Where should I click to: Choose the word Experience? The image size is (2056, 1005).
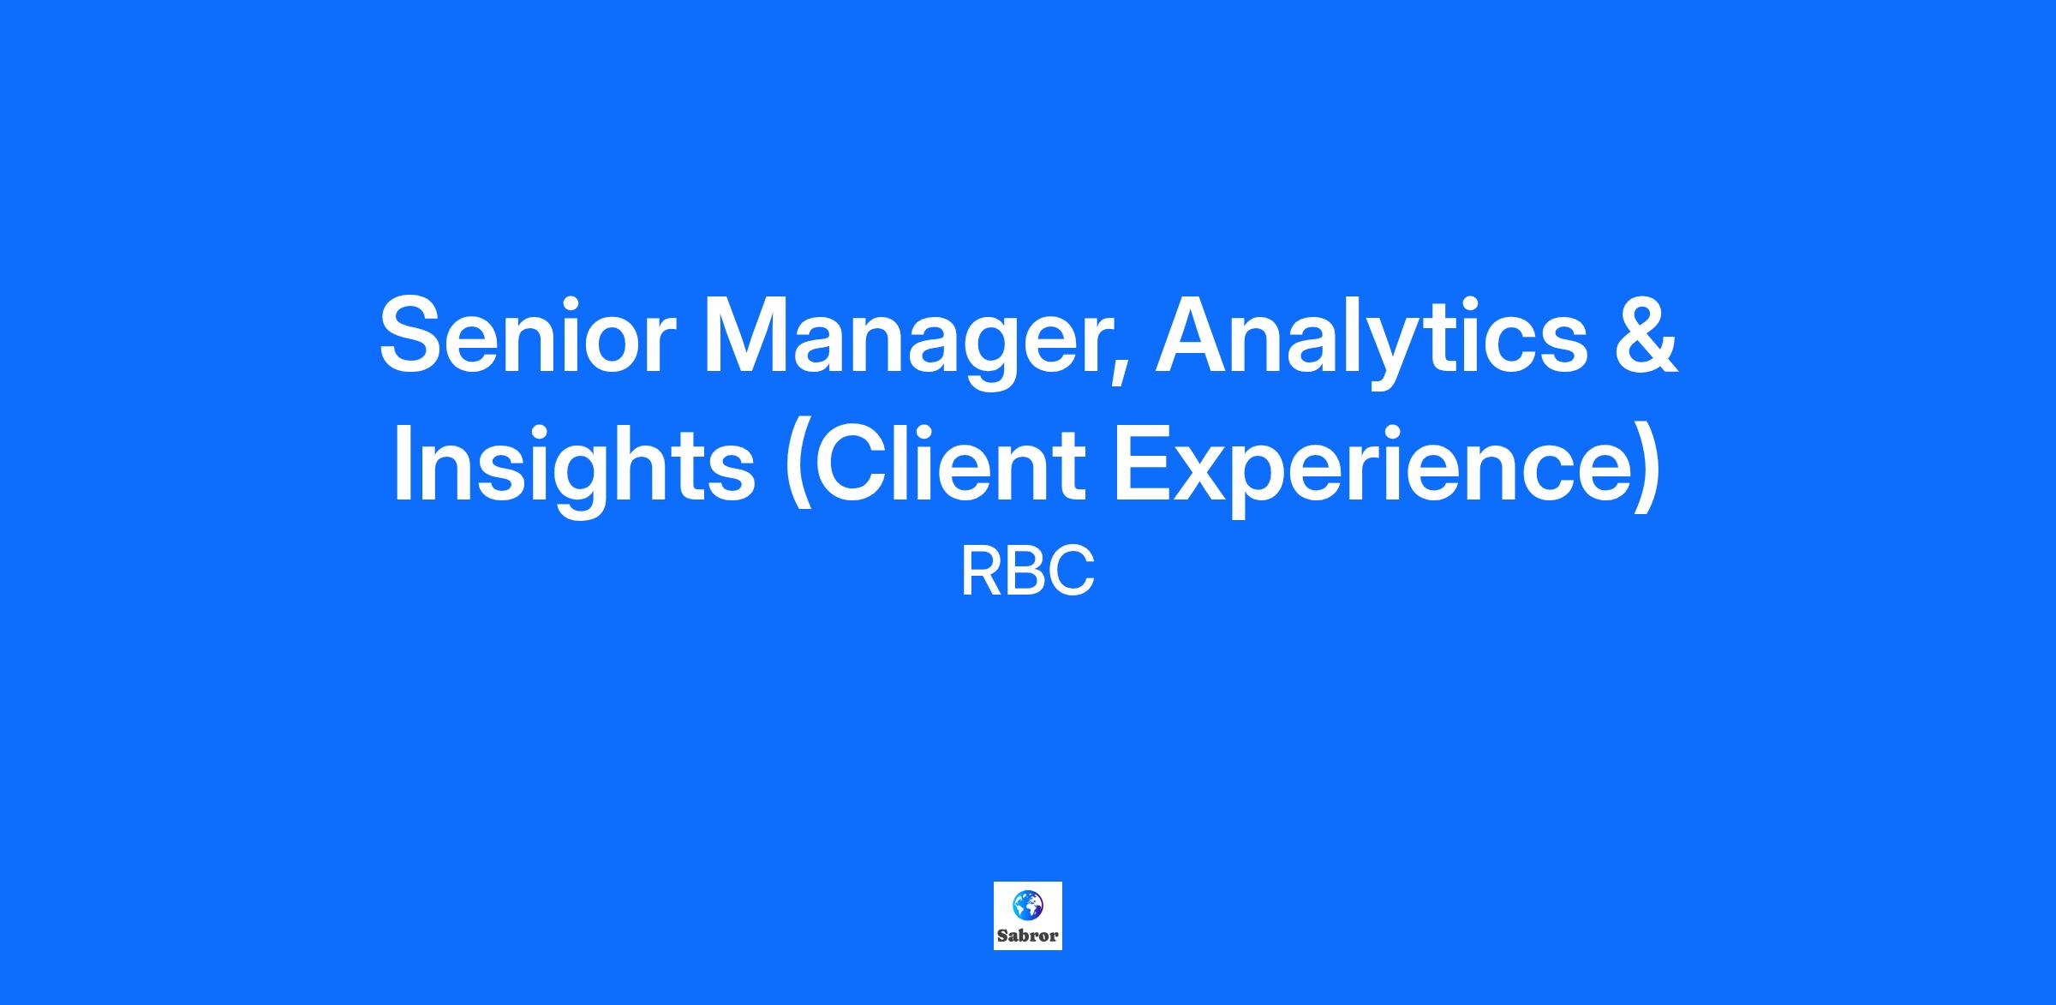tap(1374, 469)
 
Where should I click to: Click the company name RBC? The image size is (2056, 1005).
tap(1028, 572)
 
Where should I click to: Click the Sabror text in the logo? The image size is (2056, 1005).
tap(1028, 936)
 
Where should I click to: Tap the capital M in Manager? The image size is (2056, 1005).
tap(754, 335)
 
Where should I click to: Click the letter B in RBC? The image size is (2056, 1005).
tap(1028, 572)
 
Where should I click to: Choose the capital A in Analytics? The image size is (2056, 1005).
tap(1197, 335)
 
